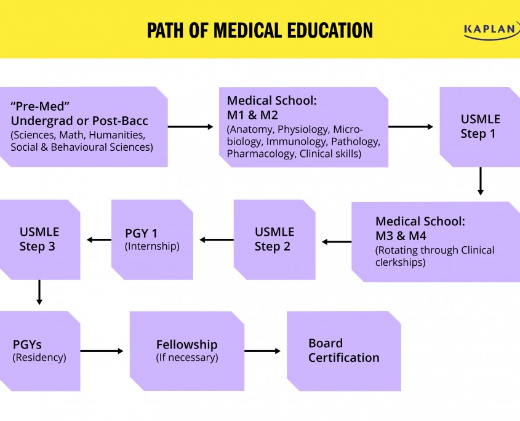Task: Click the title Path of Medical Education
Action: [260, 30]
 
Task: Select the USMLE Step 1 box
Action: [480, 126]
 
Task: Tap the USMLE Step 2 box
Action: [274, 239]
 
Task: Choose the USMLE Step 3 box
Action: [39, 239]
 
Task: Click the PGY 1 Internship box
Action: [151, 239]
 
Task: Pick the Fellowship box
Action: [186, 351]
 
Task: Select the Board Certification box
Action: [343, 351]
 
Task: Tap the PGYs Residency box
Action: [39, 351]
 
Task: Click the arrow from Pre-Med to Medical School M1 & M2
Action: [191, 127]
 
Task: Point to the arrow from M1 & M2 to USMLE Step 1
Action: [411, 127]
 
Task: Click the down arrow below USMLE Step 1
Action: [481, 182]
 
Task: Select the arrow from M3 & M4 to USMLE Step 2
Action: [337, 242]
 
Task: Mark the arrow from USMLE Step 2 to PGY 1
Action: [217, 240]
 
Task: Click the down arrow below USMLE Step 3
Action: [39, 292]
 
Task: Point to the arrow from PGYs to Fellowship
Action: [102, 351]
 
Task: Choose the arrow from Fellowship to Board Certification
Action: [263, 351]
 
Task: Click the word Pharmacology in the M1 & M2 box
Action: [261, 154]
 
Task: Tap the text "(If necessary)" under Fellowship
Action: [186, 358]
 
